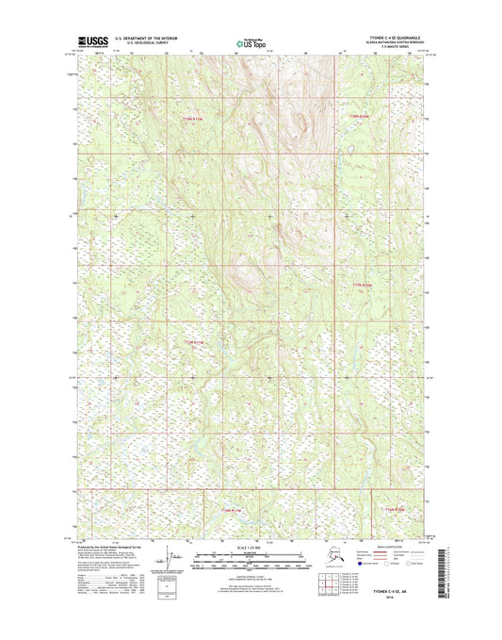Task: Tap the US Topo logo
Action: click(250, 42)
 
